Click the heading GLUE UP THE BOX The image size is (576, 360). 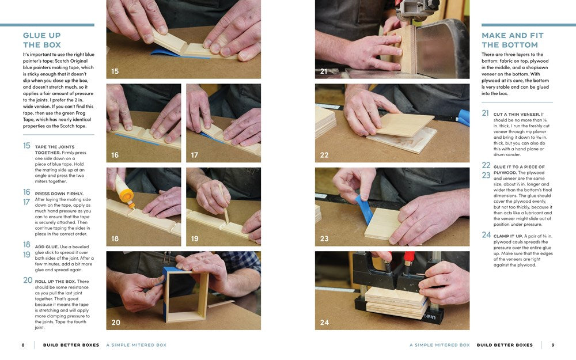[x=41, y=40]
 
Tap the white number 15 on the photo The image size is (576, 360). [x=115, y=71]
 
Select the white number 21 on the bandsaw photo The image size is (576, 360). [x=324, y=71]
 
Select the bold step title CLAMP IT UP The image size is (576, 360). [x=510, y=235]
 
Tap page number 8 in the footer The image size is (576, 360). [x=23, y=345]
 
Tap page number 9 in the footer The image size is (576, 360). [x=552, y=345]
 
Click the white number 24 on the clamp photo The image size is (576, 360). [x=324, y=323]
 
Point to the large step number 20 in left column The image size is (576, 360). [x=28, y=281]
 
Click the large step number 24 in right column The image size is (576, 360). [x=486, y=235]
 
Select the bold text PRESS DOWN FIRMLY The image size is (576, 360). [x=59, y=194]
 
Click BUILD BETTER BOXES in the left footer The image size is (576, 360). [x=71, y=345]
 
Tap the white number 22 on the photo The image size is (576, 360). [x=324, y=155]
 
